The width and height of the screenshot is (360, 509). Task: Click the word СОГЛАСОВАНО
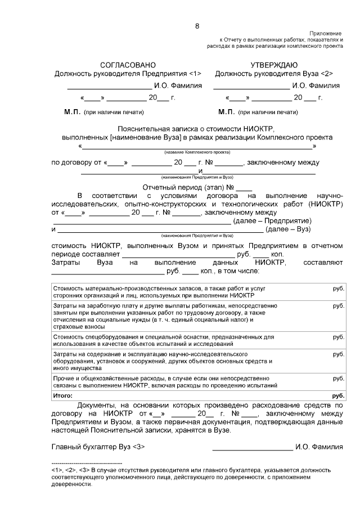tap(128, 65)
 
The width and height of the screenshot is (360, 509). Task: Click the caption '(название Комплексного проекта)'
tap(197, 152)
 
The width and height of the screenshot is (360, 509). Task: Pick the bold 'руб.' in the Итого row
tap(338, 395)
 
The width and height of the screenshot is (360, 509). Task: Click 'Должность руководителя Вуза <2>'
tap(274, 74)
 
